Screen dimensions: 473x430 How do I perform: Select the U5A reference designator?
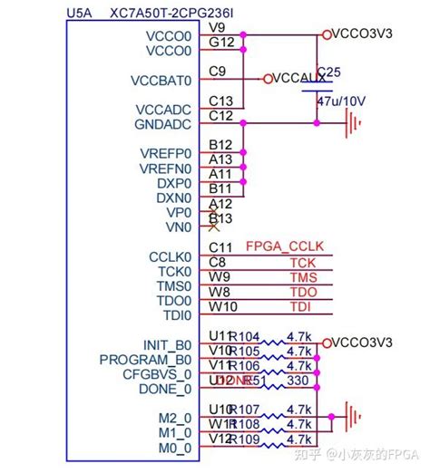81,13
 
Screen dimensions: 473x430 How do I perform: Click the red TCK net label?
301,262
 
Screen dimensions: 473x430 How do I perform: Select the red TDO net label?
301,292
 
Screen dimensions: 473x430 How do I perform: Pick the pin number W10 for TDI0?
221,306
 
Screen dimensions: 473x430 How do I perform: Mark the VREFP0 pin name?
165,153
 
